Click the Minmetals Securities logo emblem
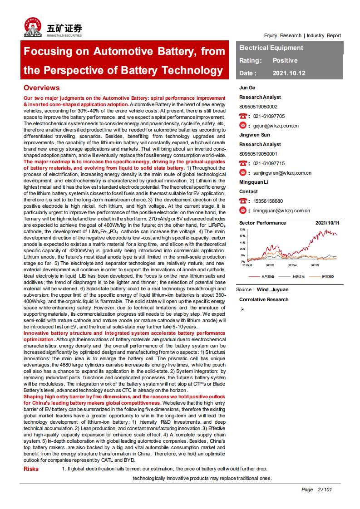(34, 27)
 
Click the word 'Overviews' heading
(41, 88)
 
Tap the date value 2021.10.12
(289, 73)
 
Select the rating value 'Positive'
(285, 60)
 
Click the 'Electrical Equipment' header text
(271, 48)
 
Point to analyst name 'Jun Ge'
(247, 88)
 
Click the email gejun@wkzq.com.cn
(276, 126)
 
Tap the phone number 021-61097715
(269, 163)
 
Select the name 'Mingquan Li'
(253, 182)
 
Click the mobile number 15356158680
(268, 201)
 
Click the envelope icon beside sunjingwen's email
(243, 173)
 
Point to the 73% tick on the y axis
(242, 230)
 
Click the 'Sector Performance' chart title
(262, 223)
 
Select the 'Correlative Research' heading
(264, 299)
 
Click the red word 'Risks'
(31, 469)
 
